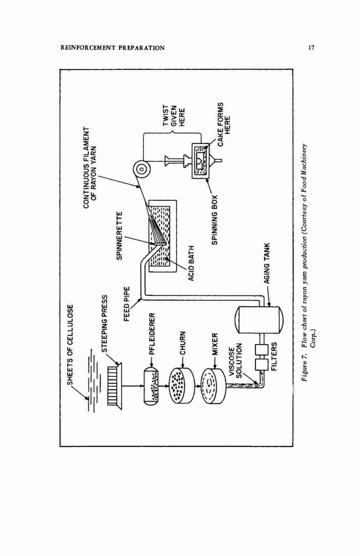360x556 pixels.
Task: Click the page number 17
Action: [311, 47]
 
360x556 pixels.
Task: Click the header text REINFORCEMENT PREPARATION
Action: [112, 48]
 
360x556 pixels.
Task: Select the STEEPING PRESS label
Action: [104, 324]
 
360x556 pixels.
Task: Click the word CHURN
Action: [182, 343]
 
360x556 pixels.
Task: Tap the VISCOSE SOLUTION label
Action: [235, 360]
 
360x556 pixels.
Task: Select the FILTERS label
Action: [274, 356]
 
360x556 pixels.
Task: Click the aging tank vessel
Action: [259, 320]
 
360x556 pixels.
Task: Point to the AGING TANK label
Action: [267, 263]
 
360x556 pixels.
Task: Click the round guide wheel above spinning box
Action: [141, 170]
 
